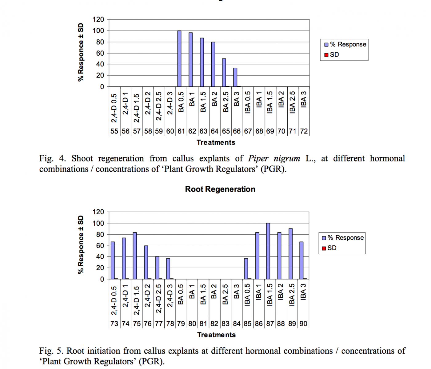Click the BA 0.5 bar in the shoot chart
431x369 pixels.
179,58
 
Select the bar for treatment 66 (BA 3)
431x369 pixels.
235,77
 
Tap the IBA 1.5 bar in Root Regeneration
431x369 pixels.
268,251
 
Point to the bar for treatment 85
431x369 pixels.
246,269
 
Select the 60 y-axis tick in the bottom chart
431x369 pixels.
100,245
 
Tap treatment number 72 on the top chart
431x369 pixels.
304,131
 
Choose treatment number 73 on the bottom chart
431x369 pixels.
114,324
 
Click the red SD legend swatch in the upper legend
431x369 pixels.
326,55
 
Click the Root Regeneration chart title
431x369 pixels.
220,189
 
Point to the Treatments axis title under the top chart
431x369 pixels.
216,142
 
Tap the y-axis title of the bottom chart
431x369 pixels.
81,245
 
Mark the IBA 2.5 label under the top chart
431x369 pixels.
292,102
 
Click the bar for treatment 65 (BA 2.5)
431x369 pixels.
224,73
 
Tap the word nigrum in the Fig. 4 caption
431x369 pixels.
287,158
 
